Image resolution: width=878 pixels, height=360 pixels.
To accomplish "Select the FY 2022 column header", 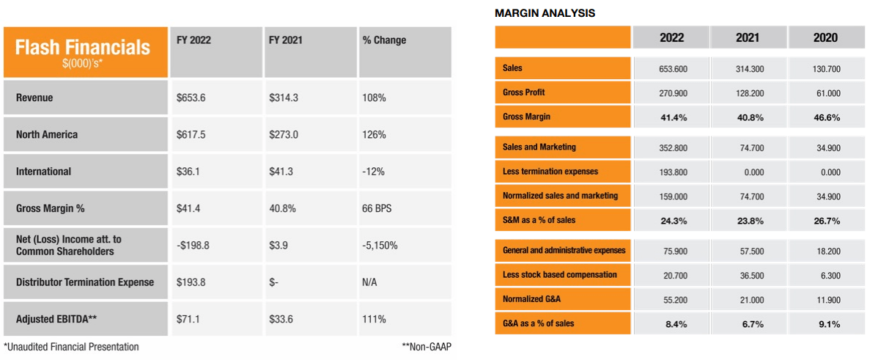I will (x=193, y=40).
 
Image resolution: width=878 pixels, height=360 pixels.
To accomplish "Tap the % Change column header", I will (x=384, y=40).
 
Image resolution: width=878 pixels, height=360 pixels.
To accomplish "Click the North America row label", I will (x=46, y=135).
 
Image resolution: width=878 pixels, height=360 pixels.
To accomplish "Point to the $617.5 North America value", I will (x=191, y=135).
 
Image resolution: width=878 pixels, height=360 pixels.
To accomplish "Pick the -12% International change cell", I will (x=373, y=172).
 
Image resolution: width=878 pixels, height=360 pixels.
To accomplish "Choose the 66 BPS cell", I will (x=377, y=208).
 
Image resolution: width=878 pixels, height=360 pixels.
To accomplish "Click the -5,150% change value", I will (x=380, y=246).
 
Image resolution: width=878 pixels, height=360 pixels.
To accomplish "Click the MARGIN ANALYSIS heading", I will (x=545, y=13).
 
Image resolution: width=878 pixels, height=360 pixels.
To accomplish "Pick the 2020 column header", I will (x=825, y=37).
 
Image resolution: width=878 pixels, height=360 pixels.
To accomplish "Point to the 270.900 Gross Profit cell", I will (x=673, y=93).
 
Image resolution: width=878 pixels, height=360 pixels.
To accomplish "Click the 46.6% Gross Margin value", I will (x=825, y=117).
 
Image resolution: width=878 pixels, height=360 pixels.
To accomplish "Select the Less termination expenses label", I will (x=550, y=172).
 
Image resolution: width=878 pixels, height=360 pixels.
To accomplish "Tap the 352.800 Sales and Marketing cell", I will (x=673, y=147).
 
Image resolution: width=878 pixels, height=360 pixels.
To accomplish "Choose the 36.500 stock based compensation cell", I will (x=749, y=275).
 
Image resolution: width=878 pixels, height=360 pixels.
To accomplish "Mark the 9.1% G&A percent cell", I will (x=825, y=324).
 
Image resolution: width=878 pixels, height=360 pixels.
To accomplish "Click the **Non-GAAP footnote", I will (x=426, y=347).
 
